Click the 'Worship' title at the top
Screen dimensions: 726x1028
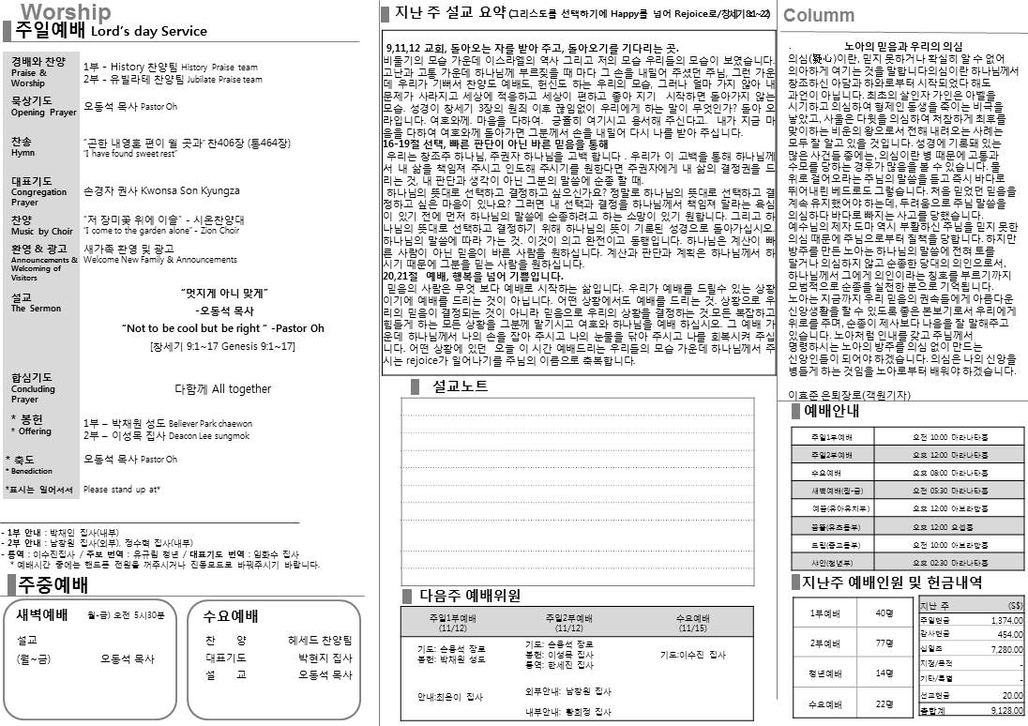(66, 11)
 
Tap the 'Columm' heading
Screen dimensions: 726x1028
(818, 15)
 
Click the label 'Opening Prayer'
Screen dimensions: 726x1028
(43, 113)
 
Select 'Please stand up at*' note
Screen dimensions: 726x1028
(122, 489)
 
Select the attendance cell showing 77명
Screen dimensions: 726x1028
(883, 643)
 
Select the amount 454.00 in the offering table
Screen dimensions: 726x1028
(1008, 633)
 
